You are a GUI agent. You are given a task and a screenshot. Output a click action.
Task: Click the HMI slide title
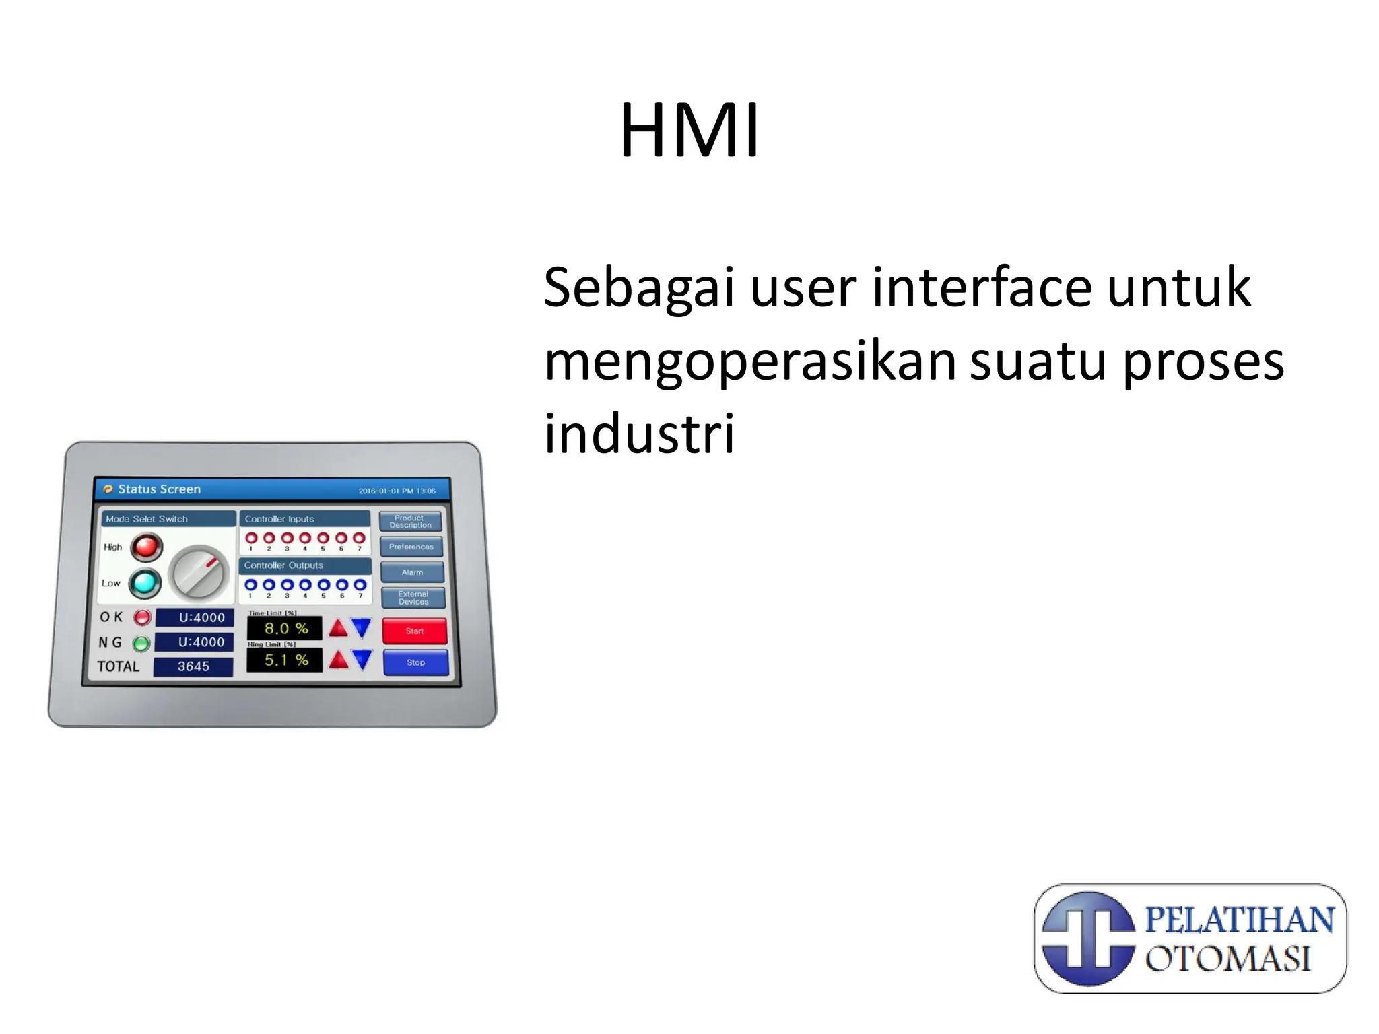pyautogui.click(x=689, y=130)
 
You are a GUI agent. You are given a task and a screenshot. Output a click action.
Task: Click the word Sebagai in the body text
pyautogui.click(x=638, y=288)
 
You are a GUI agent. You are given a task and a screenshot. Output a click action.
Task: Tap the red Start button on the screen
pyautogui.click(x=415, y=631)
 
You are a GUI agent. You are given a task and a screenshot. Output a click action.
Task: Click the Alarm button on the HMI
pyautogui.click(x=412, y=572)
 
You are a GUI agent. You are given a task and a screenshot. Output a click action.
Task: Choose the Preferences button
pyautogui.click(x=411, y=547)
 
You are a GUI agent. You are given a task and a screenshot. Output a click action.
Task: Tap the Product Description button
pyautogui.click(x=410, y=522)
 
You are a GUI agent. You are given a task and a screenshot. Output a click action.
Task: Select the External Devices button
pyautogui.click(x=413, y=598)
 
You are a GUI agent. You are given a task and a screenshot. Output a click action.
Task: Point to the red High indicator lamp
pyautogui.click(x=146, y=547)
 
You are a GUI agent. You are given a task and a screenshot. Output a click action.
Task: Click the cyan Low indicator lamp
pyautogui.click(x=144, y=583)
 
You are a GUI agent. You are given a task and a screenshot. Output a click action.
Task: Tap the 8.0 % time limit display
pyautogui.click(x=285, y=629)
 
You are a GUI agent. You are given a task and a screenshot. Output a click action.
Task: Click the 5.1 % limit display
pyautogui.click(x=285, y=660)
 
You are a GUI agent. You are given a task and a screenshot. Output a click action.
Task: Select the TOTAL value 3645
pyautogui.click(x=193, y=666)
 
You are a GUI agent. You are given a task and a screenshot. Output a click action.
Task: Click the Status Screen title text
pyautogui.click(x=159, y=489)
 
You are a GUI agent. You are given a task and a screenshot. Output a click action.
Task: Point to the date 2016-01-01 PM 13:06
pyautogui.click(x=397, y=491)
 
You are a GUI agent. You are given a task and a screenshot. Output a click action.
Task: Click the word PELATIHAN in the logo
pyautogui.click(x=1239, y=920)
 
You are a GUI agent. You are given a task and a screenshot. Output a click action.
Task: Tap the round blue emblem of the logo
pyautogui.click(x=1087, y=938)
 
